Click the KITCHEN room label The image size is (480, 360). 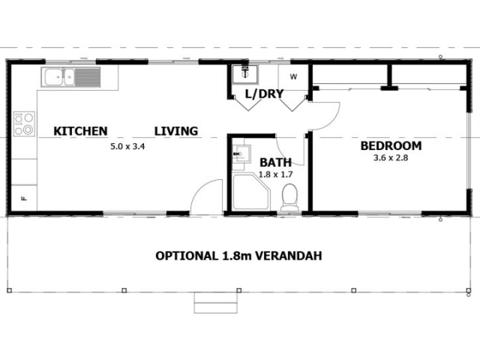[x=80, y=131]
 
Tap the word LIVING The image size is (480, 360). [x=176, y=131]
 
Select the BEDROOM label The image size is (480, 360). [x=391, y=146]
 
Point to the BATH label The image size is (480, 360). [x=275, y=162]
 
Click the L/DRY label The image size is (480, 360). [x=264, y=94]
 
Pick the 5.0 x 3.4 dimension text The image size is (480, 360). [x=128, y=146]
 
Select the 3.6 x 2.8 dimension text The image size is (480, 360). [x=391, y=158]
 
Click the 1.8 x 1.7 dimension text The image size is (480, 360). [x=275, y=175]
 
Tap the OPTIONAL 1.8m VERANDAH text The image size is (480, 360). [x=239, y=256]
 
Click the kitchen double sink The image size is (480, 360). [x=59, y=77]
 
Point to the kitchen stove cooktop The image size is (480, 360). [x=24, y=124]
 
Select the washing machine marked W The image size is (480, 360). [x=293, y=77]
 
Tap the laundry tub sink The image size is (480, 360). [x=246, y=74]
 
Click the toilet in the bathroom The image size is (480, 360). [x=289, y=197]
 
